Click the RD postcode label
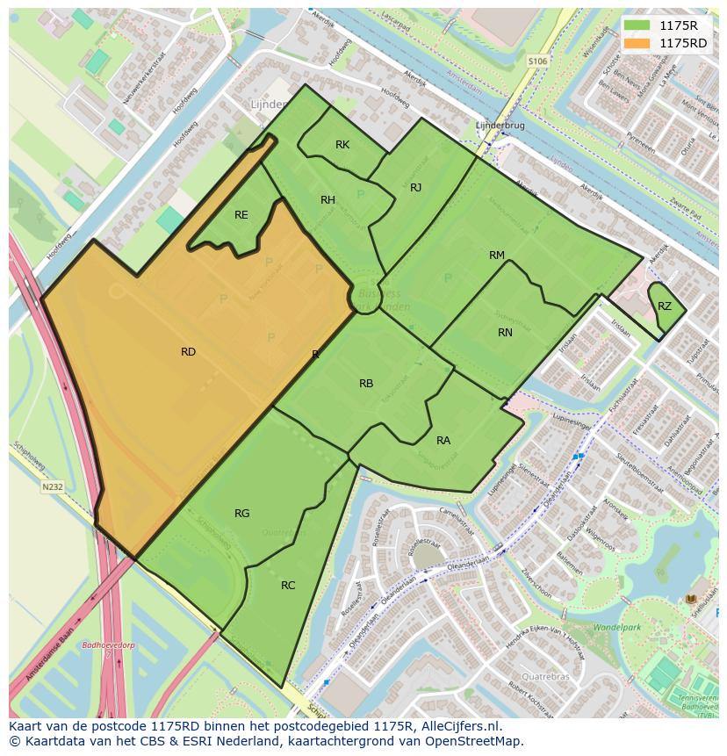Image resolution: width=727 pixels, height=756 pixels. [x=188, y=352]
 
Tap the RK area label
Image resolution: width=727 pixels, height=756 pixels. [x=342, y=145]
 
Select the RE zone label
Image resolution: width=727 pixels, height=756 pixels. [x=241, y=215]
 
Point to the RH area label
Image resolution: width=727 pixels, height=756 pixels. [x=328, y=200]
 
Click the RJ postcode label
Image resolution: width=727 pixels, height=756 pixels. [x=416, y=188]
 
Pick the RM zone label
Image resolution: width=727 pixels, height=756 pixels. [x=497, y=256]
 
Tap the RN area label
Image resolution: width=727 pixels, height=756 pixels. [x=505, y=333]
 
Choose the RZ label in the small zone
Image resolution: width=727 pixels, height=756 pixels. [x=665, y=306]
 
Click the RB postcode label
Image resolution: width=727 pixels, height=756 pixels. [x=366, y=384]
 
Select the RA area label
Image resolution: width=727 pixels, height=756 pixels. [x=443, y=441]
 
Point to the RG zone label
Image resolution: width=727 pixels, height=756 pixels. [x=242, y=514]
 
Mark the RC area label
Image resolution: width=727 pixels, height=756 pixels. [x=288, y=586]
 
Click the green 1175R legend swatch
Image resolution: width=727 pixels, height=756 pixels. [x=638, y=25]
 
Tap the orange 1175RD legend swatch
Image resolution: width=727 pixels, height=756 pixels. [x=638, y=43]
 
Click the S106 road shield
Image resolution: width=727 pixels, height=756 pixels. [x=537, y=61]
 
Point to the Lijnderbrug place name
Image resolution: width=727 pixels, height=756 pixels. [x=500, y=126]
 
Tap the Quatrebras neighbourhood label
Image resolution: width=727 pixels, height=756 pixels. [x=545, y=677]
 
